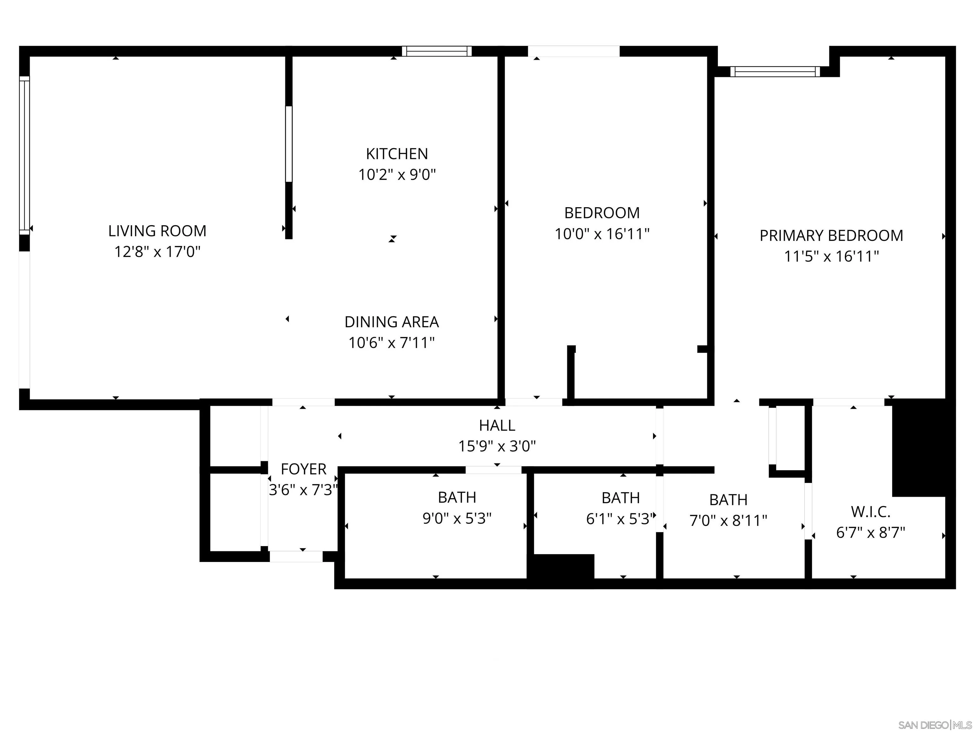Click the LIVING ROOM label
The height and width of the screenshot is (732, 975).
point(157,231)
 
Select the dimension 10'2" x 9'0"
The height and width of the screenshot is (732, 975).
point(397,175)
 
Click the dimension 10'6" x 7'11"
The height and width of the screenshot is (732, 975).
point(391,343)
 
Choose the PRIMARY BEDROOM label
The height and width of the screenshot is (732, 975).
point(831,236)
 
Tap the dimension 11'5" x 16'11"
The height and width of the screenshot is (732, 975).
point(831,256)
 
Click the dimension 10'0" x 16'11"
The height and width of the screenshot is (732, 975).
point(602,234)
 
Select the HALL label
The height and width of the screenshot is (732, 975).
point(497,425)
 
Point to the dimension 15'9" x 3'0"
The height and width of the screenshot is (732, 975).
point(497,446)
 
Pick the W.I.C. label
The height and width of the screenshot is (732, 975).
point(871,512)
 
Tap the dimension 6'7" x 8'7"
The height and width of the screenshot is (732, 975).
point(871,532)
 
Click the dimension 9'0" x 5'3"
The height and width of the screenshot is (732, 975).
point(457,518)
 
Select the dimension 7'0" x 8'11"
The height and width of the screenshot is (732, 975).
point(728,521)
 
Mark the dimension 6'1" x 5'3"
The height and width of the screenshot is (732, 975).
point(620,519)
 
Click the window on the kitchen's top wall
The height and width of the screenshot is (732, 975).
point(436,51)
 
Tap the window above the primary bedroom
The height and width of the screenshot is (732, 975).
point(775,71)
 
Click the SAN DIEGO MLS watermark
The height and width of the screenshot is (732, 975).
point(934,725)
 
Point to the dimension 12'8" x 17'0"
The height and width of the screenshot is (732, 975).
point(157,252)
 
